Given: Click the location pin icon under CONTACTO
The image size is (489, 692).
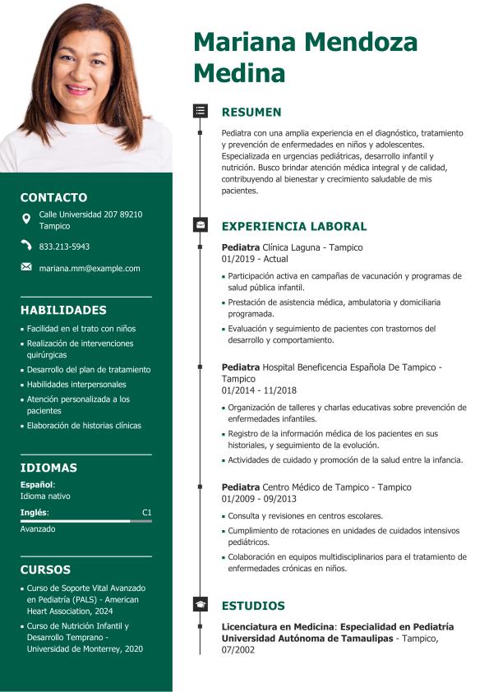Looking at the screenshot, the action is [26, 219].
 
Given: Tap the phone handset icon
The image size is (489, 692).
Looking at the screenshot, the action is [26, 246].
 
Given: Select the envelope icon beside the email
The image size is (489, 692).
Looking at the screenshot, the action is [26, 267].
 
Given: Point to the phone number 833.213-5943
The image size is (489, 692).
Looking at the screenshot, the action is [65, 247].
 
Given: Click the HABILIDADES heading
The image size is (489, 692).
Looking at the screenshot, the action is [63, 310].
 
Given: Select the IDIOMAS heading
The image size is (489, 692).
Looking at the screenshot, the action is [48, 468].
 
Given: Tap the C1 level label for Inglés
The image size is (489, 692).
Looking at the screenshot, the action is [146, 513].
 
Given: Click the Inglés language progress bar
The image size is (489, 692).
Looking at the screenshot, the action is [85, 521].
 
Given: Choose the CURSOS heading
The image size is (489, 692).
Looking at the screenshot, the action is [45, 570].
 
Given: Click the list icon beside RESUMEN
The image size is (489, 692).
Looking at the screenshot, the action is [200, 110].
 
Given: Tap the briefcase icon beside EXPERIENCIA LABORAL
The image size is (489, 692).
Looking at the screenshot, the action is [200, 224].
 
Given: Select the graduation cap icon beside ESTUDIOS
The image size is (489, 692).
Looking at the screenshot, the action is [200, 604].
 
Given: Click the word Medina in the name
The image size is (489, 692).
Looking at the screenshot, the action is [239, 73].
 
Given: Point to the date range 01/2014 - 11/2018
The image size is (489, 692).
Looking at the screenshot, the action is [259, 390].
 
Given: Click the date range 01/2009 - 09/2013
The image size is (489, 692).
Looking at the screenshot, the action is [259, 499].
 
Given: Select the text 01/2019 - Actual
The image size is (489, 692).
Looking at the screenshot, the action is [255, 259].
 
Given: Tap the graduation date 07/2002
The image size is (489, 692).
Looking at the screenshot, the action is [238, 650].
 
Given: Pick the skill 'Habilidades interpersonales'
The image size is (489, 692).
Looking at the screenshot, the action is [76, 385].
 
